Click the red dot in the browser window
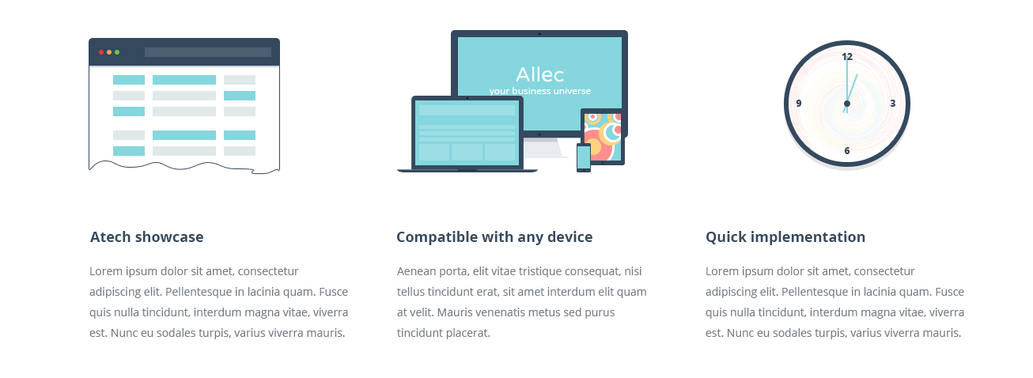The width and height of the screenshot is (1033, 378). point(101,52)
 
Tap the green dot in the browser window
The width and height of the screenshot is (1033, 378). point(117,52)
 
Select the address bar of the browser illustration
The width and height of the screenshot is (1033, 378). point(208,52)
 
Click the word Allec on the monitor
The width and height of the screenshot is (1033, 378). point(540,74)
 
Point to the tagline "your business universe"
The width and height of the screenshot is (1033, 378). point(540,91)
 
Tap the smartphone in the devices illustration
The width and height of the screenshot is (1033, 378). point(584,157)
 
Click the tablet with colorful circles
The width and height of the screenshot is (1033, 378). point(602,137)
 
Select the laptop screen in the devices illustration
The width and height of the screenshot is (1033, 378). point(467,133)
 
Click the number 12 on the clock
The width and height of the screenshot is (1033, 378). point(847,57)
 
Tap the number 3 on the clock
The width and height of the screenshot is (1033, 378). point(893,104)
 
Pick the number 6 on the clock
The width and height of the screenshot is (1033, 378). point(847,151)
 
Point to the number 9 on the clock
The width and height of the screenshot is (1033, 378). point(799,104)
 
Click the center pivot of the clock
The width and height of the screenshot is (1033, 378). point(846,104)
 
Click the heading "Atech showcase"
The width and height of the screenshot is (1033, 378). point(146,237)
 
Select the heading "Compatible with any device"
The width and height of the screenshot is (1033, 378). point(494,237)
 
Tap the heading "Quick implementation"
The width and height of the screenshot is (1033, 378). point(785,237)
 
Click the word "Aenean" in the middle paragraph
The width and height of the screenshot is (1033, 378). point(416,271)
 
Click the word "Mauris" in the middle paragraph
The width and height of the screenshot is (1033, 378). point(454,312)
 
